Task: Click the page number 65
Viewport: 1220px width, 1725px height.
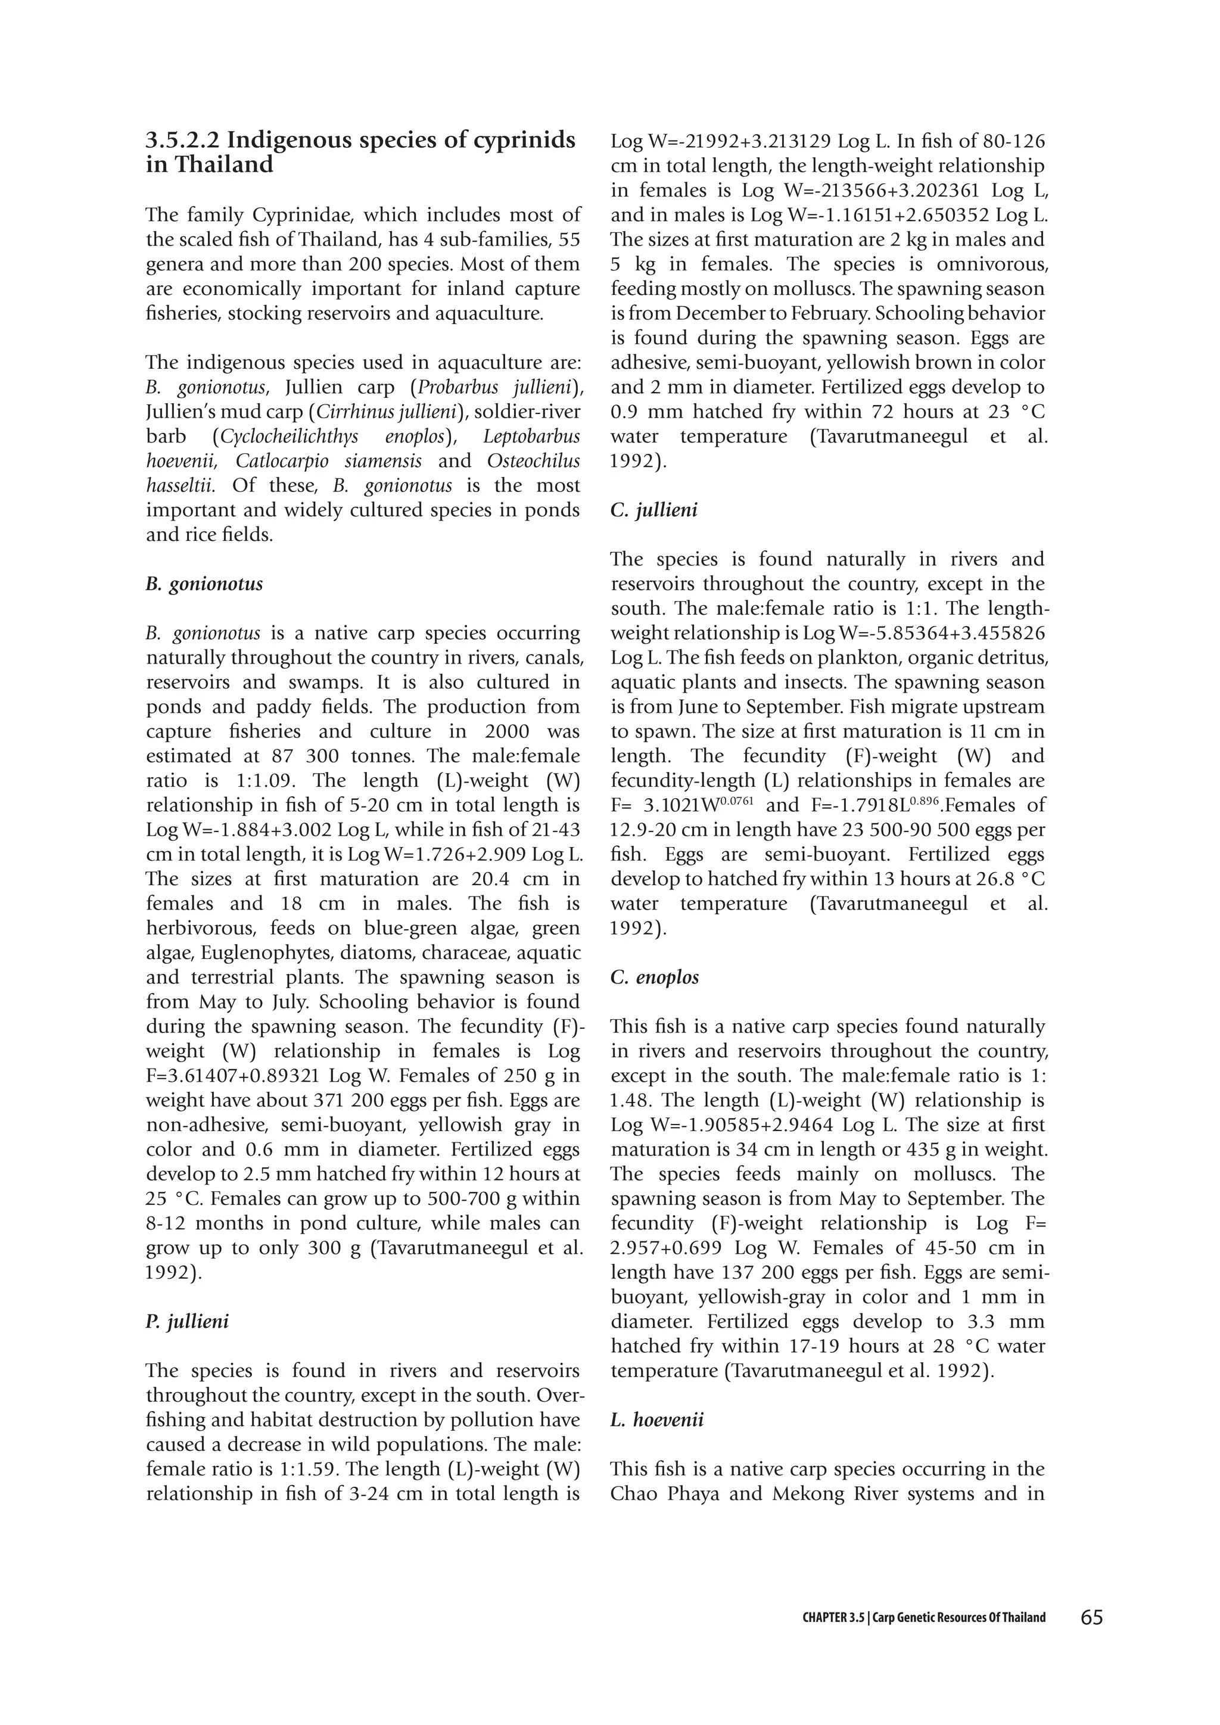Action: (1091, 1617)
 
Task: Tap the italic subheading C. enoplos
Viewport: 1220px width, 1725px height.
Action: (654, 977)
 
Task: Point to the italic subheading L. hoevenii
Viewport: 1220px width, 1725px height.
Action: (656, 1420)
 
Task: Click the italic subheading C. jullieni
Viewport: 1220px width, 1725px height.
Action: (653, 510)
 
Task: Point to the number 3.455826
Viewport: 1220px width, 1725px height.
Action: (998, 633)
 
